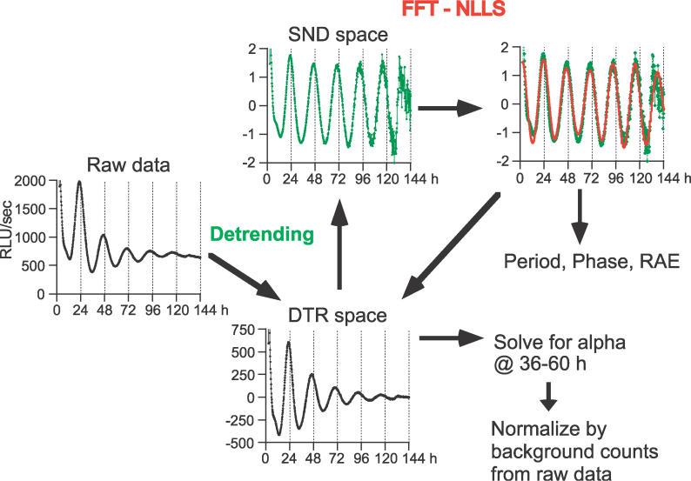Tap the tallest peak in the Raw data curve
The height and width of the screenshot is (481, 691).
[79, 183]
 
